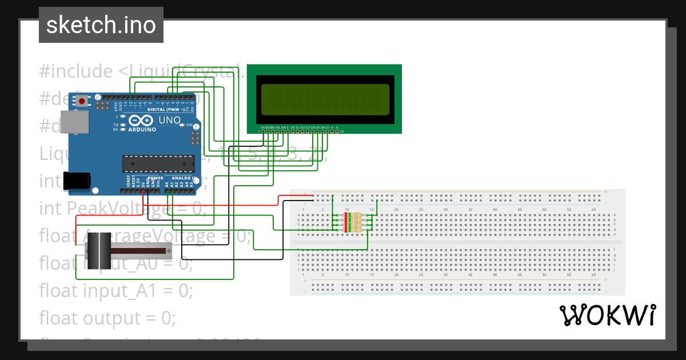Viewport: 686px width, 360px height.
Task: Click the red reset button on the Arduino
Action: coord(82,102)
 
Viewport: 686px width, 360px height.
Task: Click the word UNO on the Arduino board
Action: coord(170,121)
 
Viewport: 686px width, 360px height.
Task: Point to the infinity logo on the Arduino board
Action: coord(141,121)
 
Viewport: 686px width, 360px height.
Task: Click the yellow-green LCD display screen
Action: coord(325,99)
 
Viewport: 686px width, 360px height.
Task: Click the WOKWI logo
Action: coord(607,315)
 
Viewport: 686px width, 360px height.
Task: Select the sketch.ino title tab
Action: coord(101,25)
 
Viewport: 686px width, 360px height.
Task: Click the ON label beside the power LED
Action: coord(189,125)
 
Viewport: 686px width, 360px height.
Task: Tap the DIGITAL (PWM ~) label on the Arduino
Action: coord(166,109)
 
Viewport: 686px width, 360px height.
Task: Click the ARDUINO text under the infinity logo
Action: coord(142,130)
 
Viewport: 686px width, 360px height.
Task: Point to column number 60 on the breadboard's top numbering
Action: coord(593,210)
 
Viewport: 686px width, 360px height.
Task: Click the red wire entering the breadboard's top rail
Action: coord(292,196)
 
